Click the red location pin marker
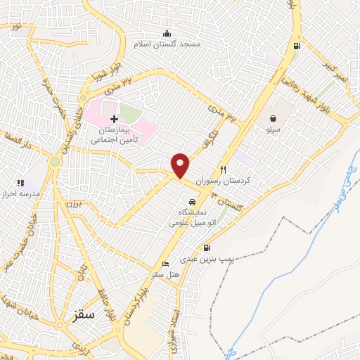[x=181, y=165]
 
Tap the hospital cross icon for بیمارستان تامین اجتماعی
[x=114, y=120]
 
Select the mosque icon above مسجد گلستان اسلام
[x=167, y=33]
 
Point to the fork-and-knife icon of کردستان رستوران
[x=224, y=169]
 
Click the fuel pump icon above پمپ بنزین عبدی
[x=206, y=247]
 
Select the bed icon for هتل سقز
[x=165, y=264]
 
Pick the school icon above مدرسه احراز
[x=20, y=183]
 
